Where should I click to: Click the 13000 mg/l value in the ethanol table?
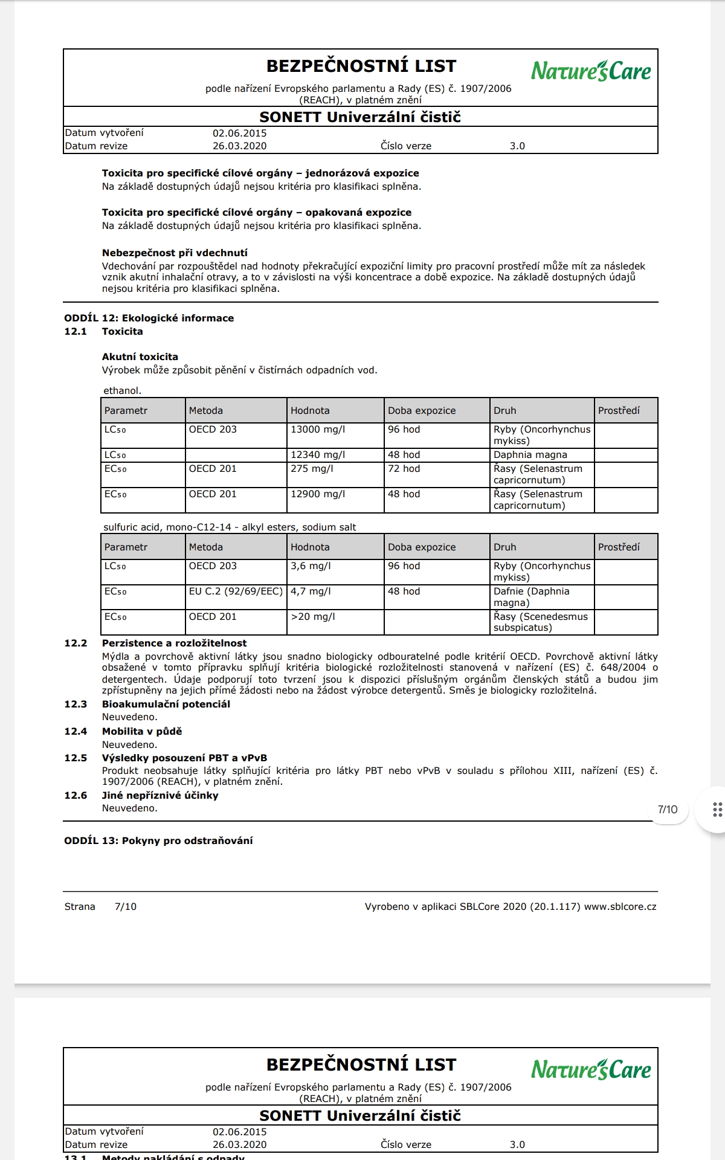pyautogui.click(x=318, y=430)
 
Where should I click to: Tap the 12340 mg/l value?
pyautogui.click(x=318, y=455)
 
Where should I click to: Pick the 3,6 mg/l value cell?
pyautogui.click(x=311, y=566)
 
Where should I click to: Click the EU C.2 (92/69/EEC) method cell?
pyautogui.click(x=236, y=591)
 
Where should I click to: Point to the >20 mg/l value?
pyautogui.click(x=312, y=617)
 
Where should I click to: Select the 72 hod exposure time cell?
pyautogui.click(x=404, y=469)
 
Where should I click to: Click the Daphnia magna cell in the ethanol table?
pyautogui.click(x=530, y=455)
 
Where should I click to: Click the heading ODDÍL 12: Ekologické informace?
pyautogui.click(x=149, y=318)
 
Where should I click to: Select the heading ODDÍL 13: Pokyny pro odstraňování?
pyautogui.click(x=158, y=841)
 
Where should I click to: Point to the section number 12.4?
pyautogui.click(x=76, y=732)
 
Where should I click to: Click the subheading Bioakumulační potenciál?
pyautogui.click(x=166, y=704)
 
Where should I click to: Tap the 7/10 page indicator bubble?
pyautogui.click(x=667, y=810)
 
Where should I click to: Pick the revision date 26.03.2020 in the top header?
pyautogui.click(x=239, y=146)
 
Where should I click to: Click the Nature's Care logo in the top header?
pyautogui.click(x=590, y=71)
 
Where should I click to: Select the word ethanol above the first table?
pyautogui.click(x=122, y=391)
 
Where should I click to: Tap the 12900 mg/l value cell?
pyautogui.click(x=318, y=494)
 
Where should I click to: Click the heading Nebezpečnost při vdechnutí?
pyautogui.click(x=175, y=253)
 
